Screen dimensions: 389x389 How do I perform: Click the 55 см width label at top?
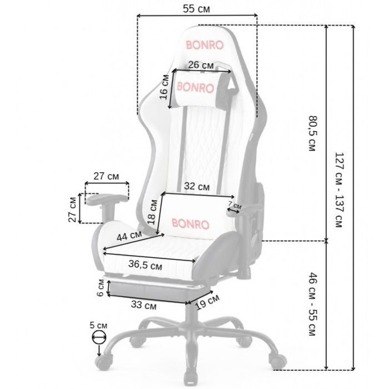[x=196, y=9]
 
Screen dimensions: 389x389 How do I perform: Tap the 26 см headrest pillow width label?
[x=201, y=65]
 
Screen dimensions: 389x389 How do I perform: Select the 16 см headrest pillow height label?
[x=164, y=87]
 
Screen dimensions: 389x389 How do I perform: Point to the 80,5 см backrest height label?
[x=312, y=133]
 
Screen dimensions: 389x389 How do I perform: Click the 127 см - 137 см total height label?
[x=339, y=190]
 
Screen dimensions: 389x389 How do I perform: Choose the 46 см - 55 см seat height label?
[x=312, y=304]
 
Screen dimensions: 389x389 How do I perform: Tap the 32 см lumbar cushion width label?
[x=197, y=186]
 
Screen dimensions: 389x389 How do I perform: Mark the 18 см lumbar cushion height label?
[x=152, y=212]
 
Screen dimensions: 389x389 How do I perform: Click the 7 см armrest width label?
[x=235, y=205]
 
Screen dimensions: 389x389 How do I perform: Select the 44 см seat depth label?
[x=129, y=236]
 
